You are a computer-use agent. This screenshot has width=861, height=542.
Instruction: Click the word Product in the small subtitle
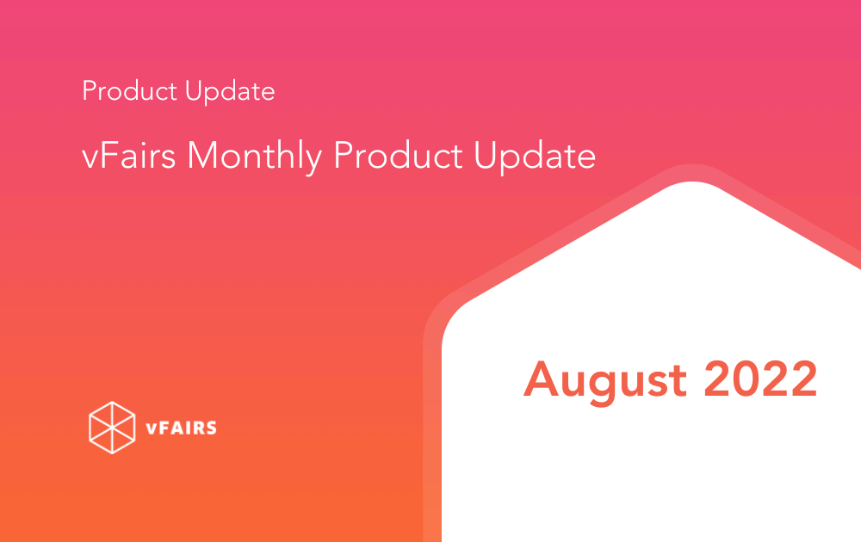click(x=130, y=90)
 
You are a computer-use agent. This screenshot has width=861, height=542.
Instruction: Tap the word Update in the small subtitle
click(x=230, y=91)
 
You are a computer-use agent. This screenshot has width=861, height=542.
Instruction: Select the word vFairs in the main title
click(x=128, y=155)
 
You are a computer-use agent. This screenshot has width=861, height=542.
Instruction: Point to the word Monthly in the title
click(x=254, y=157)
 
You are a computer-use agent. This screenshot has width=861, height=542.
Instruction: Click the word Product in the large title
click(x=398, y=155)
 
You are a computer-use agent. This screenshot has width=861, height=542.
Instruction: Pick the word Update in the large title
click(x=535, y=157)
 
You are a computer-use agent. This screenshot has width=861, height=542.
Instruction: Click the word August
click(x=605, y=382)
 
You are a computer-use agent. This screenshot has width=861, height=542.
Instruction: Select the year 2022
click(x=761, y=379)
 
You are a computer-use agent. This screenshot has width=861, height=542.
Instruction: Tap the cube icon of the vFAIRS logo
click(x=112, y=428)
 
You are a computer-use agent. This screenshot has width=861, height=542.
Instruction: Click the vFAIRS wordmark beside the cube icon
click(x=181, y=428)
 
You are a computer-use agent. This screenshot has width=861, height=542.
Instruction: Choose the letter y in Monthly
click(x=313, y=163)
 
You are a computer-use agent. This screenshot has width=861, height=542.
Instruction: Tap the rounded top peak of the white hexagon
click(x=692, y=183)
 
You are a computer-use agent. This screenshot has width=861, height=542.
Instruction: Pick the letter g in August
click(x=603, y=388)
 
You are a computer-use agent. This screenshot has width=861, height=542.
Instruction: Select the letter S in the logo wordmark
click(x=210, y=428)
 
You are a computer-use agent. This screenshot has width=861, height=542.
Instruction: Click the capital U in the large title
click(x=486, y=155)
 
